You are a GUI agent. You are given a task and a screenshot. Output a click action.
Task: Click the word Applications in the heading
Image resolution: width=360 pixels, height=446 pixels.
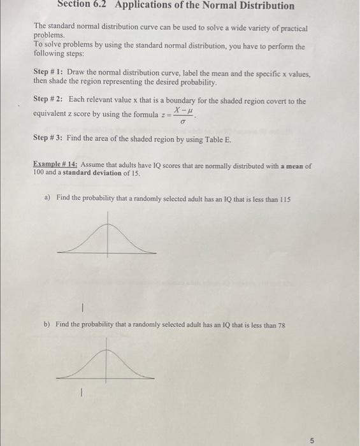(145, 6)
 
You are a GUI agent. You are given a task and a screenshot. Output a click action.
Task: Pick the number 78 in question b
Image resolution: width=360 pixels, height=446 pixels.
(280, 324)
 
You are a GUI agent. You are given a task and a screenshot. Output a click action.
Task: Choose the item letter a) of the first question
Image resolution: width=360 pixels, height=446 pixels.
(48, 198)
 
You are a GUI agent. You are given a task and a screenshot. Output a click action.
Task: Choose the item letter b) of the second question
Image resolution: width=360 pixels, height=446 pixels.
(48, 324)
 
